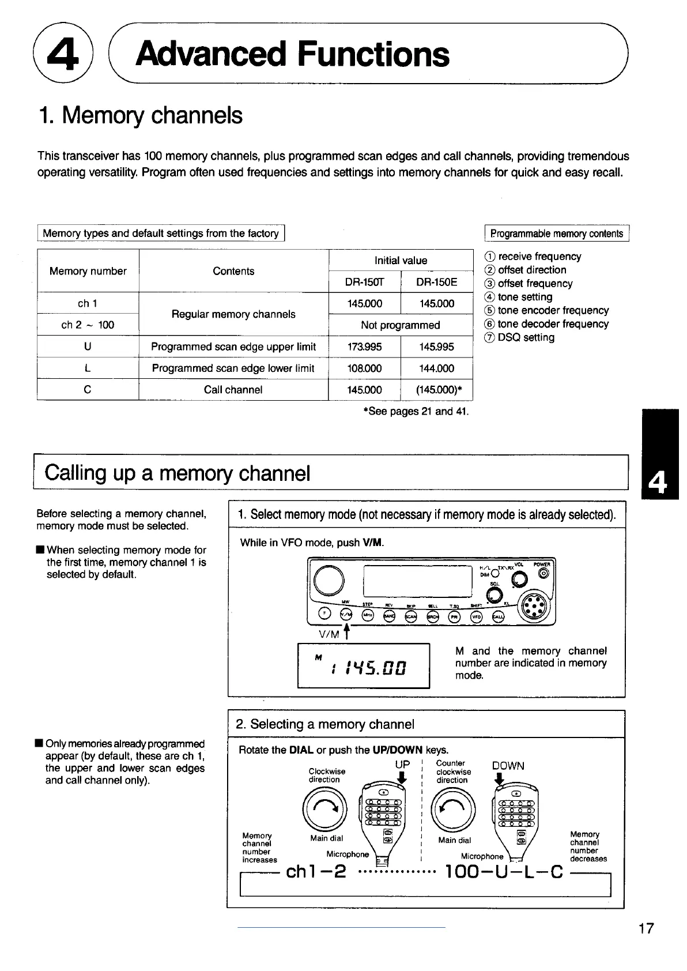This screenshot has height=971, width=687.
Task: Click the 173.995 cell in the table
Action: tap(364, 347)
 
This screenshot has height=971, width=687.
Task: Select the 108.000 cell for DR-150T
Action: tap(364, 368)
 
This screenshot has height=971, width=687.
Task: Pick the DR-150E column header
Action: tap(436, 282)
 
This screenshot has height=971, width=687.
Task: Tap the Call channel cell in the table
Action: tap(233, 390)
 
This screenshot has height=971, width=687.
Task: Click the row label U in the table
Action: tap(88, 347)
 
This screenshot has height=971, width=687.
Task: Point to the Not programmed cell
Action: tap(400, 325)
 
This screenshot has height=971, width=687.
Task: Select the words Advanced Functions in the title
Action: tap(293, 55)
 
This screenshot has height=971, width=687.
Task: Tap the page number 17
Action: tap(647, 928)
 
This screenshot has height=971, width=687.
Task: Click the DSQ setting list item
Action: tap(526, 338)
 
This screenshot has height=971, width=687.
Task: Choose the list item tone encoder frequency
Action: tap(553, 311)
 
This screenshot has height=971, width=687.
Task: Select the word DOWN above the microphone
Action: tap(508, 766)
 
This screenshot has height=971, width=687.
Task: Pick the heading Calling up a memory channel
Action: tap(178, 473)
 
